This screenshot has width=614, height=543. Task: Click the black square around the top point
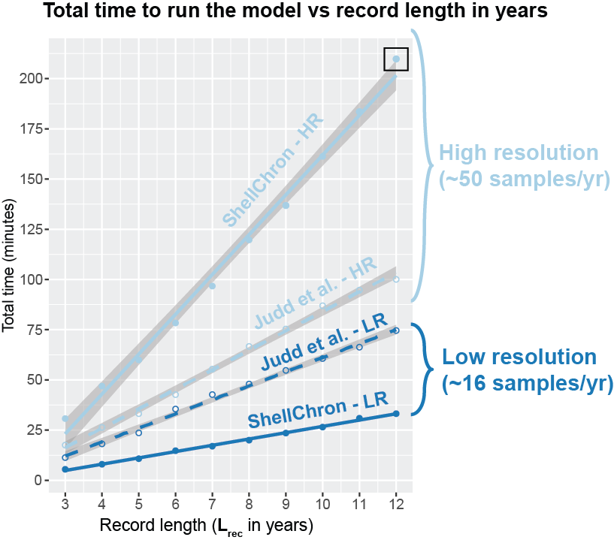(395, 59)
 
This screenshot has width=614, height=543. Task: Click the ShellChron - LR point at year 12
(395, 414)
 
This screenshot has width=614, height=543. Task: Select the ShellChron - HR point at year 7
(212, 286)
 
